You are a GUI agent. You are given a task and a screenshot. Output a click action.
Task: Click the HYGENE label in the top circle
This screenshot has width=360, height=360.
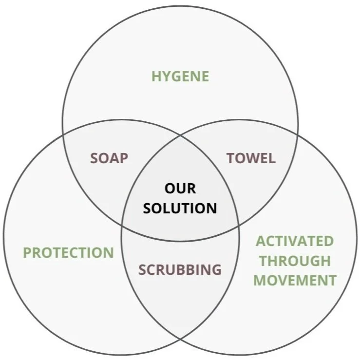pos(180,76)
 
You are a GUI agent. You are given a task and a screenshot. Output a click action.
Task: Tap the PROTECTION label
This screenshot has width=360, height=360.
pos(68,253)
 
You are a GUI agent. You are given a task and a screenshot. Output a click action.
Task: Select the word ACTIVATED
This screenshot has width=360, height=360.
pos(295,241)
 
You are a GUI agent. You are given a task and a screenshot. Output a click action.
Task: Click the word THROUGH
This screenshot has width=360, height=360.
pos(295,261)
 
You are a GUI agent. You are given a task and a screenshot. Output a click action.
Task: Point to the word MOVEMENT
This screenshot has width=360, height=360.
pos(295,281)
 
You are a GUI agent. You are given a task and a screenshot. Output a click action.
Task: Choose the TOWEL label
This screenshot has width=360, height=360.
pos(251,158)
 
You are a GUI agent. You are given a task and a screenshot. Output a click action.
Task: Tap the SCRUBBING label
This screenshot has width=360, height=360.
pos(180,269)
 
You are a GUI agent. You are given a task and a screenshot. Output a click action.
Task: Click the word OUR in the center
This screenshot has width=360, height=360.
pos(180,189)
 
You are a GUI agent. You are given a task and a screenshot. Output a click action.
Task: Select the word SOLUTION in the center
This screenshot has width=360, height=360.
pos(180,208)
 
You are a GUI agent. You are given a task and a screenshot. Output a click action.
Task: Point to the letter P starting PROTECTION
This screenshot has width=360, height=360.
pos(27,253)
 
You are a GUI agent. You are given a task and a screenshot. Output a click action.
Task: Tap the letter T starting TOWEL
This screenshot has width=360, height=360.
pos(230,158)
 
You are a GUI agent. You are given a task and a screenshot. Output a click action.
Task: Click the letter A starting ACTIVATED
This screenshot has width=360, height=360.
pos(261,241)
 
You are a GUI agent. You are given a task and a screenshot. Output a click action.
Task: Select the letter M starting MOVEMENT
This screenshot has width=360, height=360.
pos(260,281)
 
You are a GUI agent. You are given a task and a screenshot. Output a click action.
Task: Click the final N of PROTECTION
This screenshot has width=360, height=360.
pos(109,253)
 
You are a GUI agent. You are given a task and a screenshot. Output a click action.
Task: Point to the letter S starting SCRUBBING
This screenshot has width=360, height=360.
pos(143,269)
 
